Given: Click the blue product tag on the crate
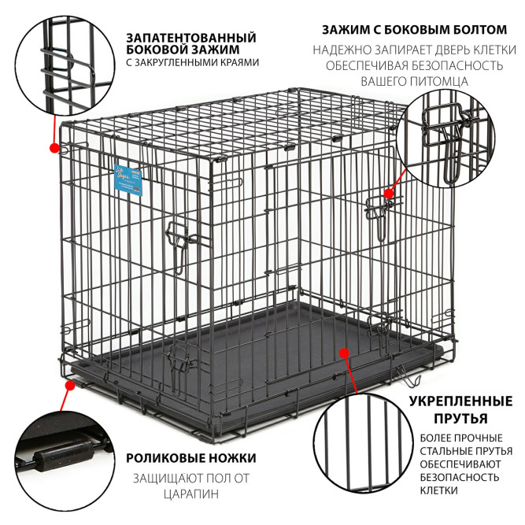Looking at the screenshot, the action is pyautogui.click(x=128, y=179).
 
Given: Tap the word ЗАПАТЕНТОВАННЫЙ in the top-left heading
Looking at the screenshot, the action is pyautogui.click(x=191, y=38).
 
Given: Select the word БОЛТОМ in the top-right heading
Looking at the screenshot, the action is pyautogui.click(x=480, y=30).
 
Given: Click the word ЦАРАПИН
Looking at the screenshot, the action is pyautogui.click(x=191, y=494).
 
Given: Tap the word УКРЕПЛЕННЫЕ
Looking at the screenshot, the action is pyautogui.click(x=460, y=401).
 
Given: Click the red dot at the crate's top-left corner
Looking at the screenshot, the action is pyautogui.click(x=54, y=148).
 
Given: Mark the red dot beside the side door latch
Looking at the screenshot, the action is pyautogui.click(x=388, y=194).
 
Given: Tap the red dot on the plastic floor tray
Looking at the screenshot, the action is pyautogui.click(x=344, y=353).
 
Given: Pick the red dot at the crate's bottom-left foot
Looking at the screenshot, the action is pyautogui.click(x=70, y=386).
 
